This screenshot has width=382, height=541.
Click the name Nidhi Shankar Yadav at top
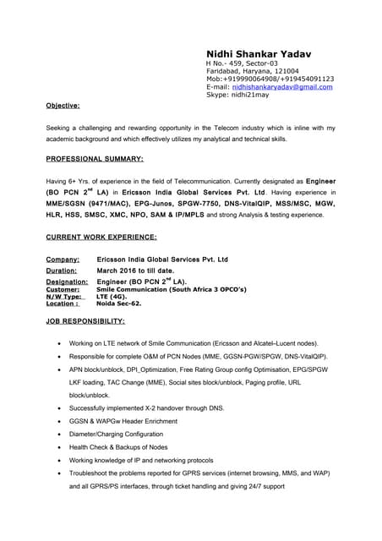[x=258, y=53]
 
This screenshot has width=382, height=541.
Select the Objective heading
[x=63, y=106]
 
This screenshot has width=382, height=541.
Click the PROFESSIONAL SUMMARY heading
[x=94, y=158]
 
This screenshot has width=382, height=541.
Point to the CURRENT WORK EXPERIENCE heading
[x=101, y=237]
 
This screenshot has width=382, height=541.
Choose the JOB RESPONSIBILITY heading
[x=85, y=321]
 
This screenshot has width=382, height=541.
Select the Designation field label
[x=67, y=281]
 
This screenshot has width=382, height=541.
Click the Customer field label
[x=63, y=289]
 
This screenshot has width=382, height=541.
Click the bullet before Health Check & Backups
[x=57, y=447]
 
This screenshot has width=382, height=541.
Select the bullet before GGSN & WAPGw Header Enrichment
[x=57, y=421]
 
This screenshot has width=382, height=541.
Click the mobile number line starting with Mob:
[x=270, y=79]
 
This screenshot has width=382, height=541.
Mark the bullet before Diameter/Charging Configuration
[x=57, y=434]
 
